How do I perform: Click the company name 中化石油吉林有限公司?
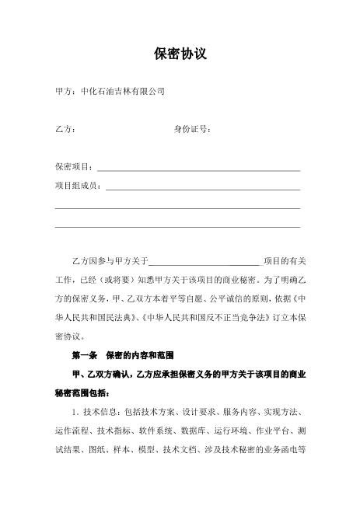[x=123, y=92]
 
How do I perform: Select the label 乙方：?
[x=65, y=129]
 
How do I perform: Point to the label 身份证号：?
[x=192, y=129]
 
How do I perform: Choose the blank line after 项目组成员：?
[x=203, y=187]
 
